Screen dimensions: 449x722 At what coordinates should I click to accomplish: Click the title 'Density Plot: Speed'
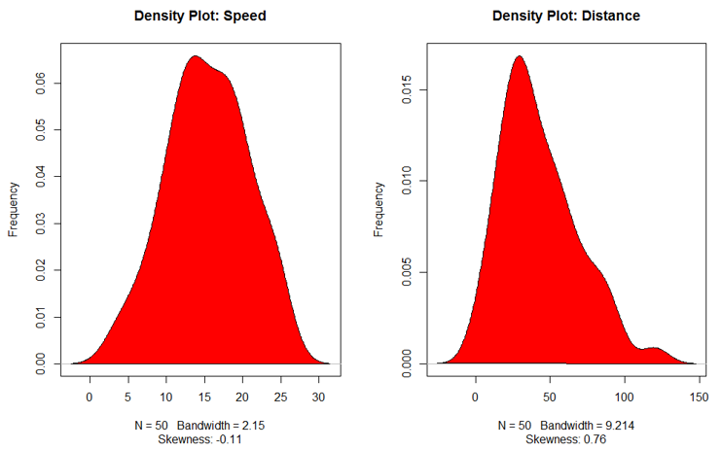199,17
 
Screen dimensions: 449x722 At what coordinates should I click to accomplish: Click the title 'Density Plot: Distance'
566,17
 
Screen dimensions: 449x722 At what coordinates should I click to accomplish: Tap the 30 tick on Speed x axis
318,397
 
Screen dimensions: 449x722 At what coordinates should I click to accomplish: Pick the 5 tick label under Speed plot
127,397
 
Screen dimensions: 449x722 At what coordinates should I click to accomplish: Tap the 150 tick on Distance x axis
698,397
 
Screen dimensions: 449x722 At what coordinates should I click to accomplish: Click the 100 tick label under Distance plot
624,397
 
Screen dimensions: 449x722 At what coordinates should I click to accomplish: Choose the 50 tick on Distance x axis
550,397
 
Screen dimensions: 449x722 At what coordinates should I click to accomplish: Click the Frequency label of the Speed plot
14,208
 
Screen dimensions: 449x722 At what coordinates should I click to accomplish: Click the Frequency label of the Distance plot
379,208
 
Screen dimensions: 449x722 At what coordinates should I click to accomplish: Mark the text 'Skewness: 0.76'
566,440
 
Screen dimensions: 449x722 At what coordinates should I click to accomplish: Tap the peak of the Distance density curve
519,56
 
